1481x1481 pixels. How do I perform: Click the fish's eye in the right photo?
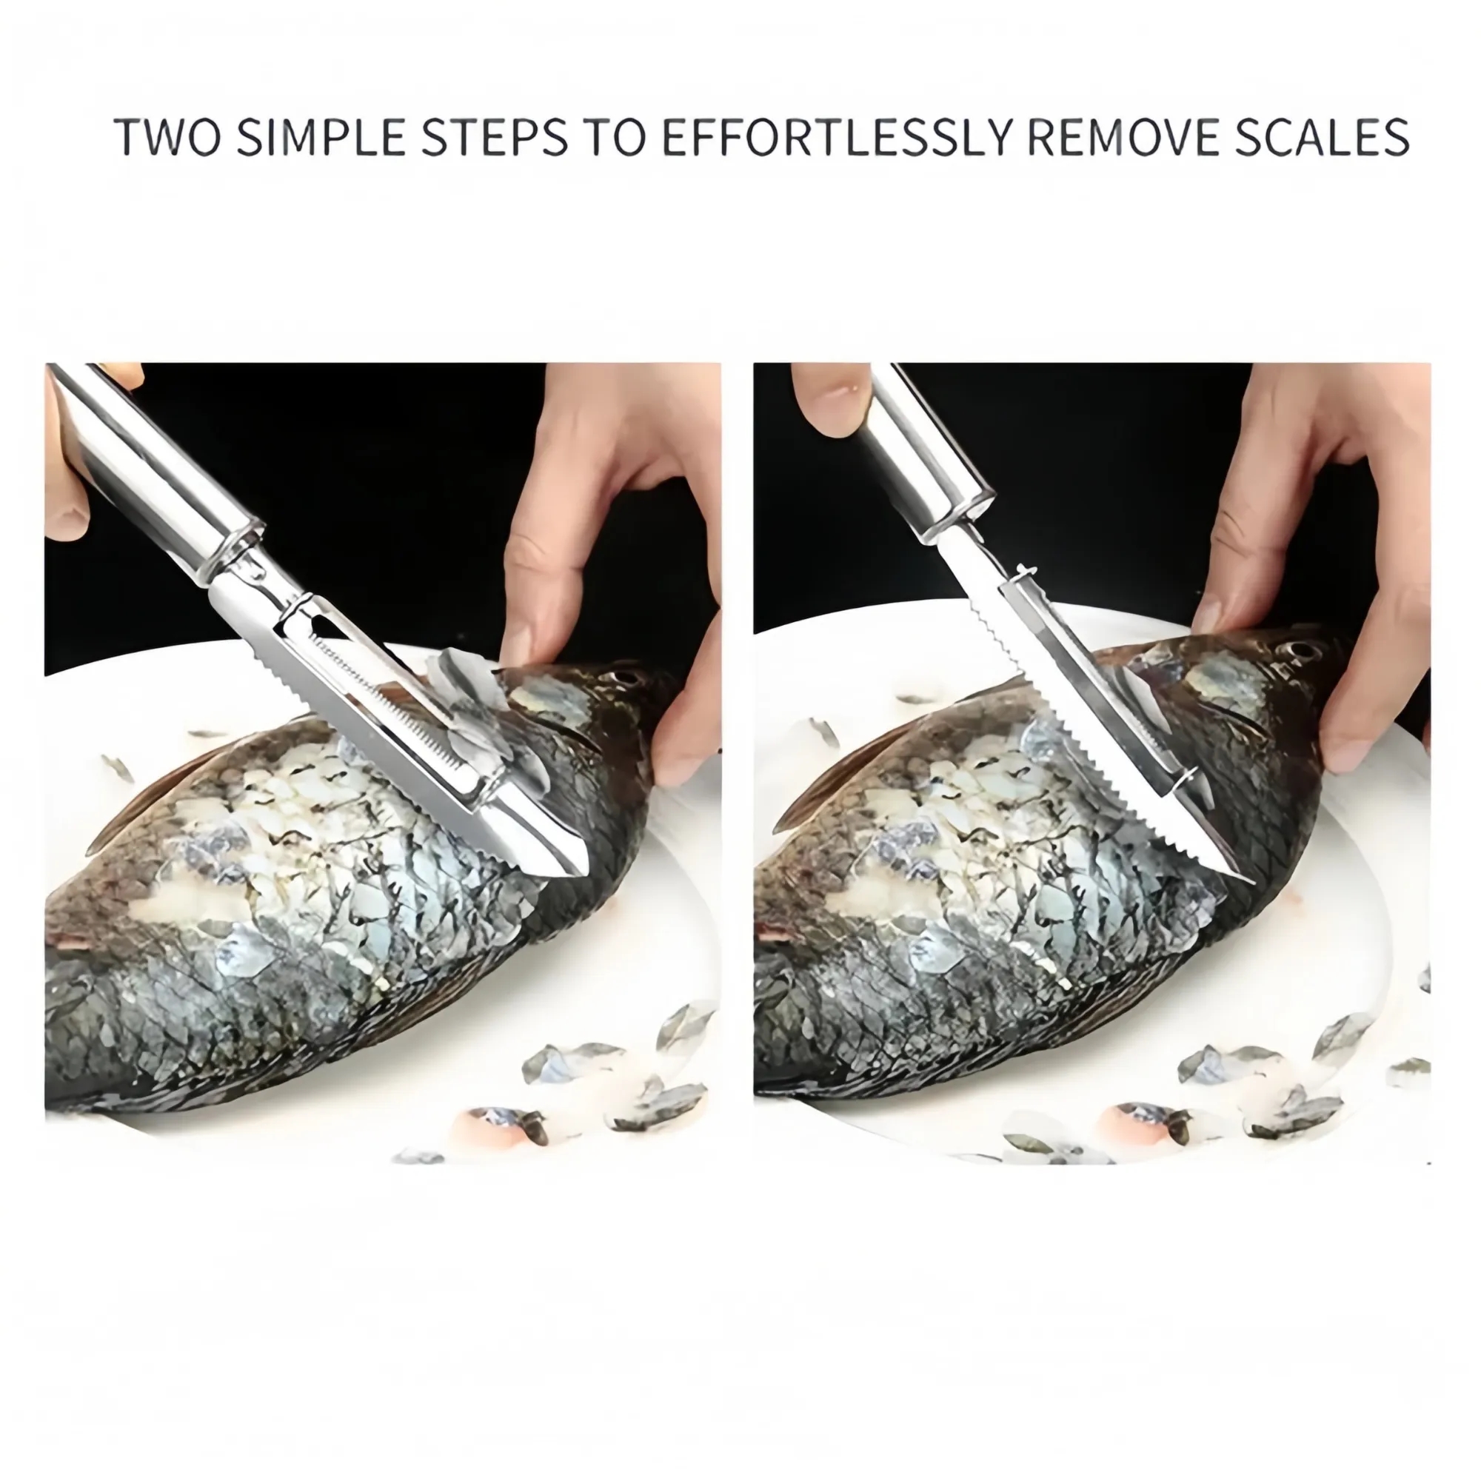1297,649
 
